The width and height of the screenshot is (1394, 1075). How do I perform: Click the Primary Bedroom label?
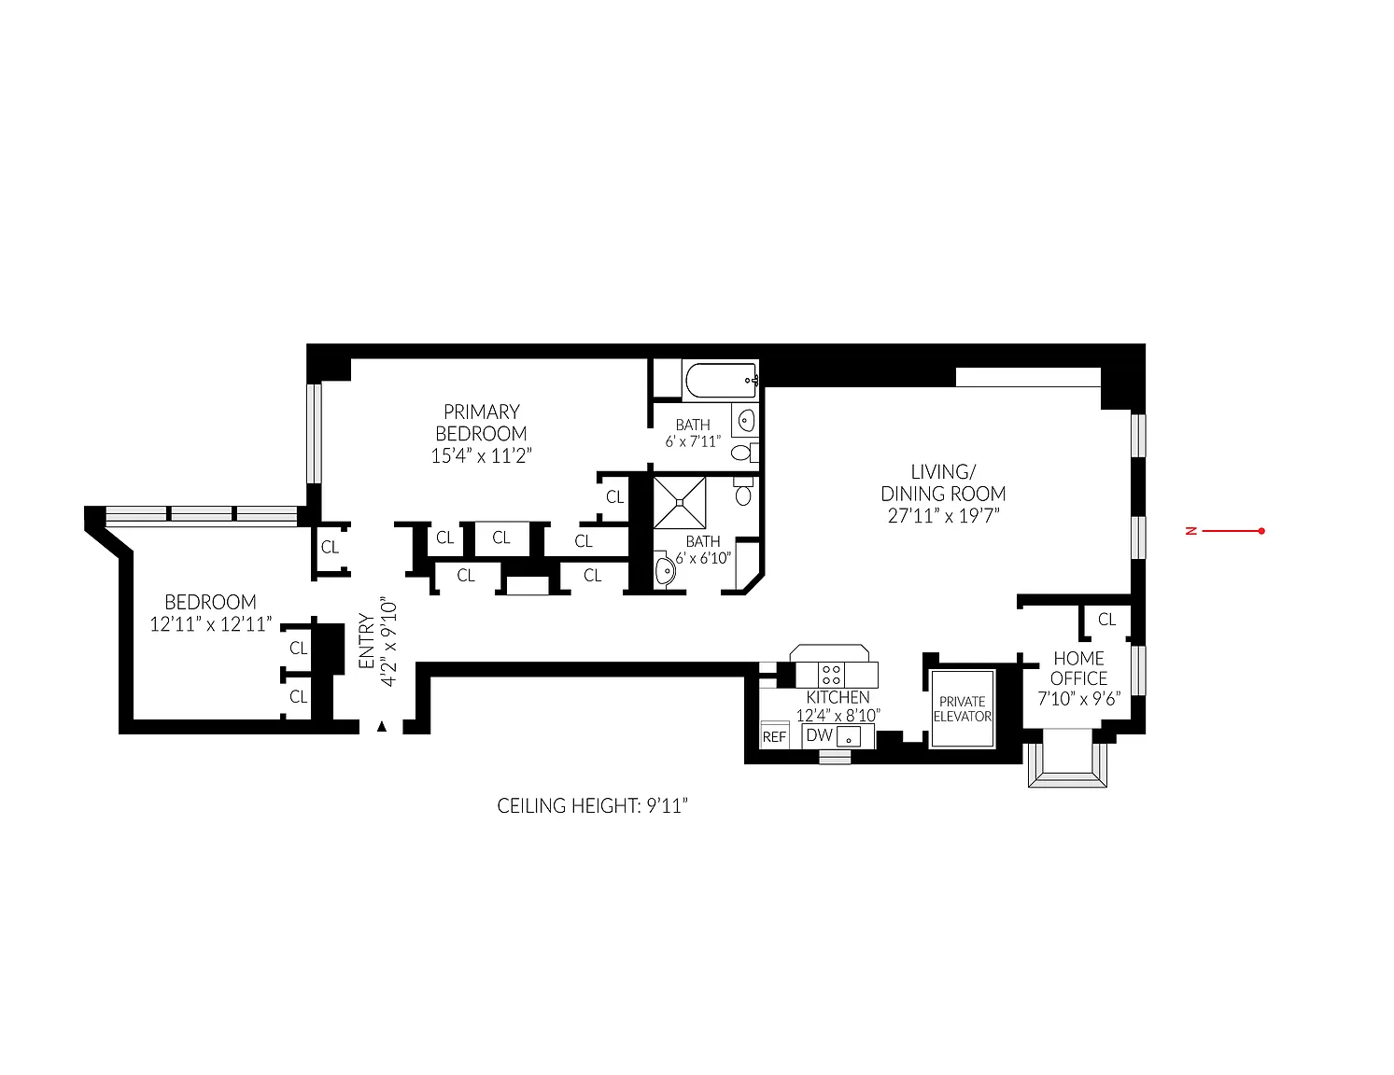tap(481, 423)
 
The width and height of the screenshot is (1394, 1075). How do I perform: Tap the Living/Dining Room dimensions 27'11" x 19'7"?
tap(944, 516)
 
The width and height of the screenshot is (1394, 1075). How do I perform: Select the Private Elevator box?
tap(963, 708)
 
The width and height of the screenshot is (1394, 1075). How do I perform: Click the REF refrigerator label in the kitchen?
tap(774, 737)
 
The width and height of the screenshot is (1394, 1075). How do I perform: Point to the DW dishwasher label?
tap(819, 735)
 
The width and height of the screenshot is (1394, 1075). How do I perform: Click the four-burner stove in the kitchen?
tap(831, 675)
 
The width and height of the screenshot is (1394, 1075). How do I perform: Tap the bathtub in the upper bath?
tap(722, 381)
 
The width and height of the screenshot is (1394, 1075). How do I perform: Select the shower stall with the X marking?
tap(680, 503)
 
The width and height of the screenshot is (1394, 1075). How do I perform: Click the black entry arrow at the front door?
tap(382, 726)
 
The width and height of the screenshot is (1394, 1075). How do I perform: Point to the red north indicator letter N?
tap(1191, 531)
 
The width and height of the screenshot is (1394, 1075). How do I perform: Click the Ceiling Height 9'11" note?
tap(592, 805)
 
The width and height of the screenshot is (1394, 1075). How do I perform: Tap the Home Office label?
tap(1078, 668)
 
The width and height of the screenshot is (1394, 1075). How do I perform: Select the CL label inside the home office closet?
tap(1106, 620)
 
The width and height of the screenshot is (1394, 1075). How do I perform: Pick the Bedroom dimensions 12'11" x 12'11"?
tap(210, 624)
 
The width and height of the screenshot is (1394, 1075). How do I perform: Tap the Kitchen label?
tap(838, 697)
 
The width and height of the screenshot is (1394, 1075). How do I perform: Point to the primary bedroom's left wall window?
tap(314, 433)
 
